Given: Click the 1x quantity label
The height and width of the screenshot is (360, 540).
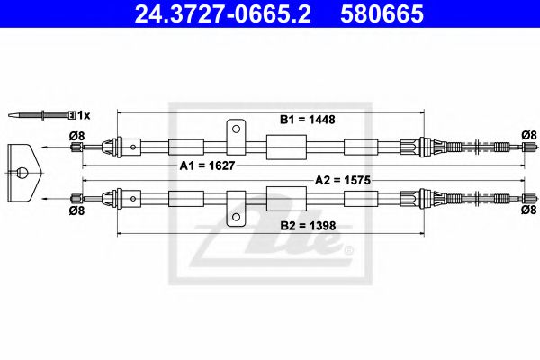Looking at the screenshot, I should pos(83,115).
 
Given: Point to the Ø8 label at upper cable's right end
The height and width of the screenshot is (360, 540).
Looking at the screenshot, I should pos(528,136).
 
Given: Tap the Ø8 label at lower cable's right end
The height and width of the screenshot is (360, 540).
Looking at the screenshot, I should pos(528,210).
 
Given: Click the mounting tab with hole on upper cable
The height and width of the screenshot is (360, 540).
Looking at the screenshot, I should pos(236,133).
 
